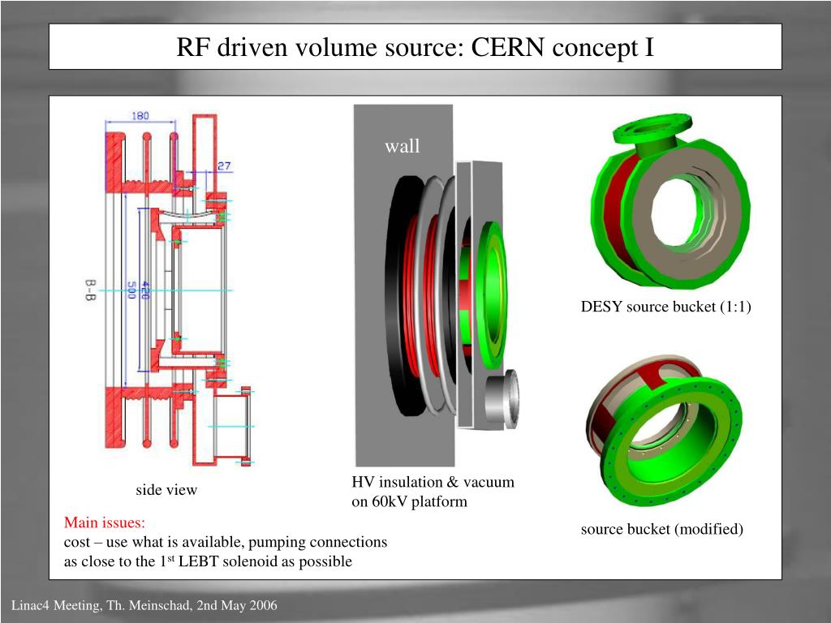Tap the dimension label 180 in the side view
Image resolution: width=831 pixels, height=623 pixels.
pyautogui.click(x=140, y=116)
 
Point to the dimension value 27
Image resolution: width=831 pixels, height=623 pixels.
pyautogui.click(x=223, y=165)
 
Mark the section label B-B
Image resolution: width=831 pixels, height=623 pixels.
pyautogui.click(x=90, y=290)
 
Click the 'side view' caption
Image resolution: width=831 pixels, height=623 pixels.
pyautogui.click(x=166, y=490)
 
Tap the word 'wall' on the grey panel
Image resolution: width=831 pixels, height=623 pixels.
pyautogui.click(x=403, y=146)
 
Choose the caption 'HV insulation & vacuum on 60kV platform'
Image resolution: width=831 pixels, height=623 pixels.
pyautogui.click(x=433, y=492)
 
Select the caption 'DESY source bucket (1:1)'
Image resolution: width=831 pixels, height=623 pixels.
pyautogui.click(x=665, y=307)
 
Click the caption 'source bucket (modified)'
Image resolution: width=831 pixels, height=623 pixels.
pyautogui.click(x=661, y=530)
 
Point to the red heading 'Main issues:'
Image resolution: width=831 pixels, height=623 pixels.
pyautogui.click(x=105, y=522)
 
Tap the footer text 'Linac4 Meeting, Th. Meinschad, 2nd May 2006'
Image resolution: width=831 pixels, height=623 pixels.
pyautogui.click(x=144, y=606)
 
